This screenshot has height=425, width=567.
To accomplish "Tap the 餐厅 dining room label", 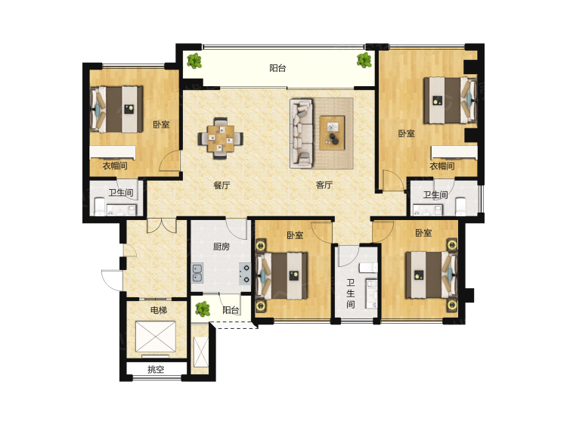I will tap(221, 185).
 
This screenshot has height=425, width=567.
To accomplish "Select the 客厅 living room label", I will tap(324, 185).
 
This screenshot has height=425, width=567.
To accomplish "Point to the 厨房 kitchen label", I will tap(222, 247).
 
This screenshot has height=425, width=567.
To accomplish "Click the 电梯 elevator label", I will tap(158, 311).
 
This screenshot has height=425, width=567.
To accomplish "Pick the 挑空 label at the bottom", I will tap(156, 370).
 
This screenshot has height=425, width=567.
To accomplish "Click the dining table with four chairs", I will tap(222, 137).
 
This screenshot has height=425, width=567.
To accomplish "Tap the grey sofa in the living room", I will tap(302, 133).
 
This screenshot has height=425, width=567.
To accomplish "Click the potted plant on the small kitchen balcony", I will tap(202, 309).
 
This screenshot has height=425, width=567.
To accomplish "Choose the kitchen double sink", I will tap(198, 272).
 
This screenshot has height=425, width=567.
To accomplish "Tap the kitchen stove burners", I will tap(245, 272).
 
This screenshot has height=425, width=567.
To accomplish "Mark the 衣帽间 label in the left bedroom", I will tap(114, 166).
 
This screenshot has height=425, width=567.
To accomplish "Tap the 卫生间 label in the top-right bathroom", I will tap(435, 195).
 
